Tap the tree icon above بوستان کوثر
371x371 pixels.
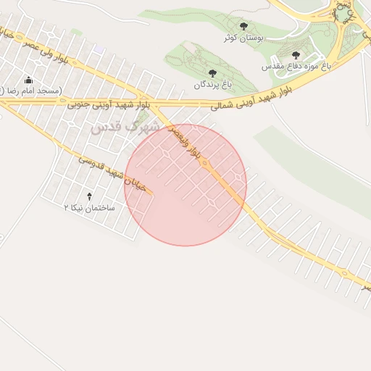(243, 26)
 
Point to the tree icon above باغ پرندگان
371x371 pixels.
(212, 73)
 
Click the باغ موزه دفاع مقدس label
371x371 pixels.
(296, 65)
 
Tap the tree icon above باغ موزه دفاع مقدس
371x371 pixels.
(295, 54)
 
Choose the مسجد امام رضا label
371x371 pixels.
(33, 90)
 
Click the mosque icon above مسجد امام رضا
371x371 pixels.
(28, 80)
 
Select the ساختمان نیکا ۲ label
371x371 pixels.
(90, 207)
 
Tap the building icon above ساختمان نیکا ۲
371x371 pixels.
(90, 196)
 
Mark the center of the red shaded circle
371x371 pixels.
(185, 185)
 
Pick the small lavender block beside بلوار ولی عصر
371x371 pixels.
(99, 49)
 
